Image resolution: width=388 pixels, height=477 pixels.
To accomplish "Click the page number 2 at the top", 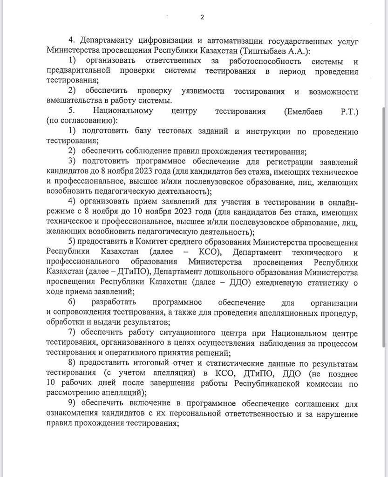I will (x=202, y=17).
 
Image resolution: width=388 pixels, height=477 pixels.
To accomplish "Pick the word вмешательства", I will (x=72, y=101).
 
